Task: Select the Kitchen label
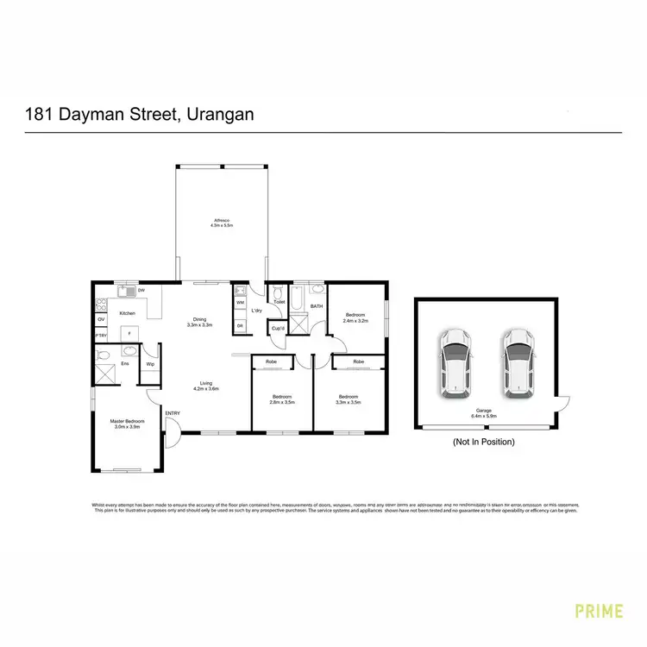(127, 313)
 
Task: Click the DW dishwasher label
(141, 291)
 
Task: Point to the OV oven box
(101, 320)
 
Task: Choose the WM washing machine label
(239, 303)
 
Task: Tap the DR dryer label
(239, 325)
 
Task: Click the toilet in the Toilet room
(277, 292)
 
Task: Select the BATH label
(317, 306)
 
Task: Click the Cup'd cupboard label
(278, 329)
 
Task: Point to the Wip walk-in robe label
(150, 363)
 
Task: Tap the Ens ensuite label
(124, 363)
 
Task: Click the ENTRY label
(173, 413)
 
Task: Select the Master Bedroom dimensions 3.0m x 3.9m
(126, 426)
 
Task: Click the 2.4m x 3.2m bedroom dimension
(356, 320)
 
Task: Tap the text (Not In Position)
(483, 442)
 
